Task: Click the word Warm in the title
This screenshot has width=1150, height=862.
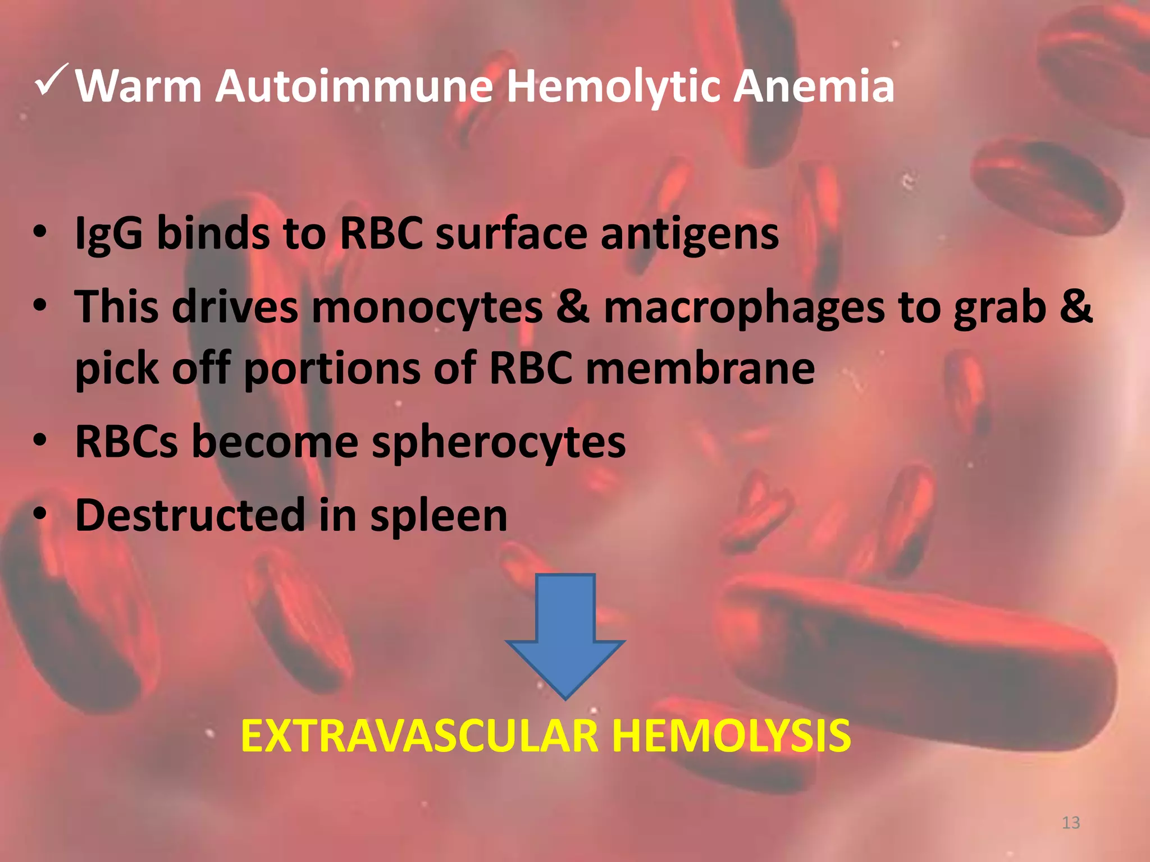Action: coord(138,86)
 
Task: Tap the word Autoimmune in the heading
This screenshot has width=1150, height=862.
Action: coord(354,86)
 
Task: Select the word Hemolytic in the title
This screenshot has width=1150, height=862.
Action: coord(613,88)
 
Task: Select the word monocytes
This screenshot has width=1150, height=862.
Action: coord(427,308)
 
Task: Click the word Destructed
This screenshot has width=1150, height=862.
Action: coord(190,515)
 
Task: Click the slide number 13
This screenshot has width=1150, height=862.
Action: coord(1071,823)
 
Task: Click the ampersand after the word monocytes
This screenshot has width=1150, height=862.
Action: coord(573,307)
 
